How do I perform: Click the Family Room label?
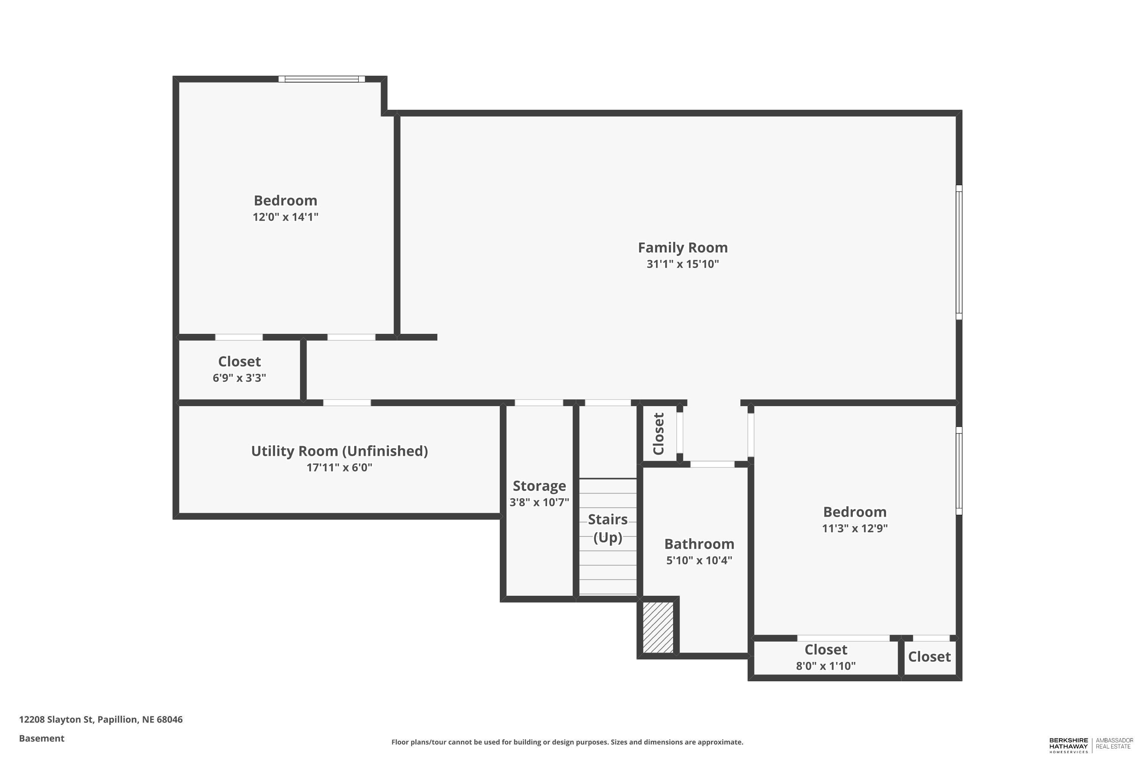click(683, 248)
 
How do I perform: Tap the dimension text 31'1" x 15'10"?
click(683, 264)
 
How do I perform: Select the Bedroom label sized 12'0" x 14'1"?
click(285, 200)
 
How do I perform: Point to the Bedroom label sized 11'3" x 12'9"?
click(855, 512)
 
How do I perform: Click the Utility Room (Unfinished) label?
click(339, 451)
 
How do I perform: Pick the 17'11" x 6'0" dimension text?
click(339, 467)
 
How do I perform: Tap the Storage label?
click(539, 486)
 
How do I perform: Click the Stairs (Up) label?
click(608, 528)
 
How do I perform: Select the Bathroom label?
click(699, 544)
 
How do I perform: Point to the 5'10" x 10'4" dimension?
click(699, 561)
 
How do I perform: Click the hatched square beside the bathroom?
click(658, 627)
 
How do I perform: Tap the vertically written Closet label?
click(659, 433)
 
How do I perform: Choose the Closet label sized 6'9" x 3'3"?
click(239, 361)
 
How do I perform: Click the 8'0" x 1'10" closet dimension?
click(826, 666)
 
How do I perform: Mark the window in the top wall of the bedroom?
click(321, 79)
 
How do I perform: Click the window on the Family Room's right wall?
click(959, 252)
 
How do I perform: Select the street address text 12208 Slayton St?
click(56, 720)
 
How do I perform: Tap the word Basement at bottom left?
click(42, 738)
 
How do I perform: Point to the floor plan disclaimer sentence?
click(567, 742)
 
